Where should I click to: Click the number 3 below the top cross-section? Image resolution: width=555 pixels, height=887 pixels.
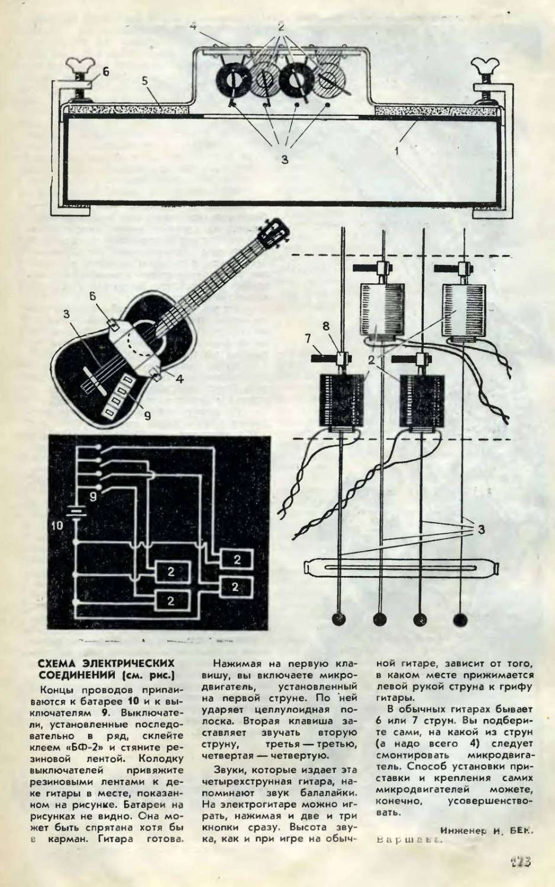click(284, 160)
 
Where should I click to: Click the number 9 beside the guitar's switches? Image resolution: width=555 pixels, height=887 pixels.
click(147, 415)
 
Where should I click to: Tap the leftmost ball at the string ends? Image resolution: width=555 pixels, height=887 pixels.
click(340, 619)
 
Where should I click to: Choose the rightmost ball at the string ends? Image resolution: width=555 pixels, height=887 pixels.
click(460, 619)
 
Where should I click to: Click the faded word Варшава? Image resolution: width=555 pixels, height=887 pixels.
click(408, 839)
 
